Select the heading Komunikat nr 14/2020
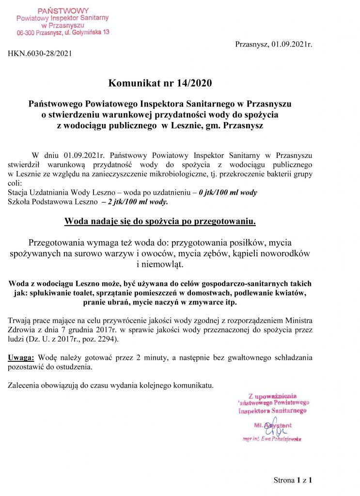[160, 83]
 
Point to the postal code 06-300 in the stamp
[27, 32]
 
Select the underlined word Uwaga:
[21, 358]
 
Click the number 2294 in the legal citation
[106, 340]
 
